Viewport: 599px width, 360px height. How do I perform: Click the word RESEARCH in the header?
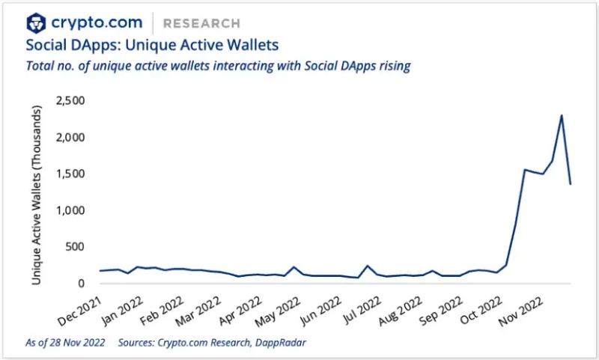(x=201, y=23)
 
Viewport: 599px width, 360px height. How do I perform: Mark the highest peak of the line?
(x=562, y=115)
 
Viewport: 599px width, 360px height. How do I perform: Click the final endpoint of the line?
(x=571, y=183)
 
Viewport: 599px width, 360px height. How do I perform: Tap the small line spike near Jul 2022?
(x=368, y=266)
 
